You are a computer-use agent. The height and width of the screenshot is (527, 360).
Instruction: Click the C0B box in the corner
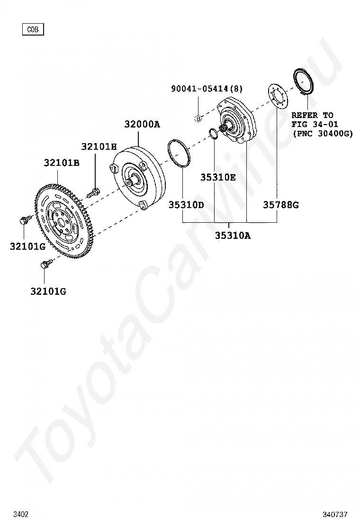33,29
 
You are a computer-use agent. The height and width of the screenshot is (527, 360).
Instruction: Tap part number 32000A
142,125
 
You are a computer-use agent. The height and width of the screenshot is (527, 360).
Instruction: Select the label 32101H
99,147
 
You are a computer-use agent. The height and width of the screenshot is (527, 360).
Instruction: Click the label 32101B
62,163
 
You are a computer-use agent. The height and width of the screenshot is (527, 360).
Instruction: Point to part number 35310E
217,177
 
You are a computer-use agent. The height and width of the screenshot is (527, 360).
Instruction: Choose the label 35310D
186,205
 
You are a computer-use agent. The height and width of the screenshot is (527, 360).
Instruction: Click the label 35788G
281,205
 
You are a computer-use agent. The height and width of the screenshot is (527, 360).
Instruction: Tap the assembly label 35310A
233,235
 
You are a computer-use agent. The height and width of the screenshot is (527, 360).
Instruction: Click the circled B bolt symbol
198,118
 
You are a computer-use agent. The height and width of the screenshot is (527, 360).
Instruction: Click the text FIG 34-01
315,125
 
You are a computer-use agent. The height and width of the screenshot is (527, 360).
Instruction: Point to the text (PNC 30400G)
323,134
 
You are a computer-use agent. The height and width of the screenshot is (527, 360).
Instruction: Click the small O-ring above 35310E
213,134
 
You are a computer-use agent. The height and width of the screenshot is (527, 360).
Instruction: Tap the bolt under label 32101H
94,192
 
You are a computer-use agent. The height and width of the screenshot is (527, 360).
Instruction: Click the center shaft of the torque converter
133,181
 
